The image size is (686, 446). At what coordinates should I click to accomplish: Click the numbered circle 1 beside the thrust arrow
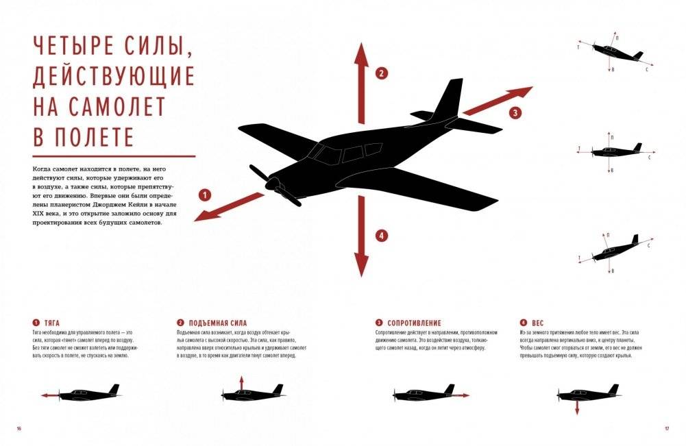(x=203, y=195)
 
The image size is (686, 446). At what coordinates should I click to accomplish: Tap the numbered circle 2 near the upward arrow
(x=382, y=73)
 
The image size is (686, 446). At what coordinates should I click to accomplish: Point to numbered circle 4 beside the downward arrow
(x=382, y=235)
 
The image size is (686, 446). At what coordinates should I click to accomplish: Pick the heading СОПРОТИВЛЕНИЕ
(x=414, y=323)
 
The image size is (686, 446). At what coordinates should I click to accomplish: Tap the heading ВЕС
(x=538, y=323)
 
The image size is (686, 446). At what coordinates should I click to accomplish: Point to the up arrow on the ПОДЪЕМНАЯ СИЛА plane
(x=241, y=381)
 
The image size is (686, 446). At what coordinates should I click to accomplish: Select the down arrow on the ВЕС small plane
(x=577, y=409)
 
